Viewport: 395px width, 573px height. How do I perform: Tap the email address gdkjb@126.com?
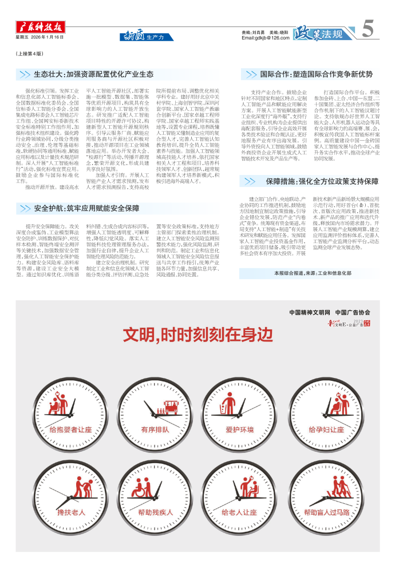pyautogui.click(x=265, y=38)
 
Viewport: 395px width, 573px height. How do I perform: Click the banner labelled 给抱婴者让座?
pyautogui.click(x=70, y=429)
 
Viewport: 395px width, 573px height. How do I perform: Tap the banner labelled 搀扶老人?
pyautogui.click(x=70, y=512)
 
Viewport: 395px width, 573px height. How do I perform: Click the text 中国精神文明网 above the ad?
pyautogui.click(x=310, y=312)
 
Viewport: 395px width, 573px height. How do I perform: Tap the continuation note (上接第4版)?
pyautogui.click(x=29, y=53)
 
